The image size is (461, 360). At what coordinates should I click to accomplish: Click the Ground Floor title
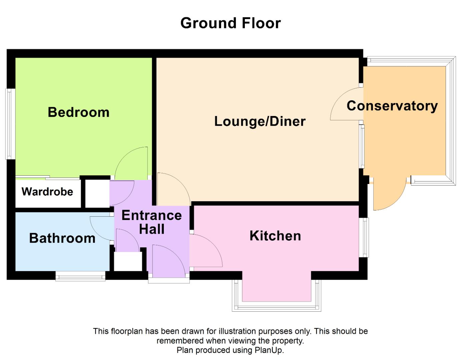230,23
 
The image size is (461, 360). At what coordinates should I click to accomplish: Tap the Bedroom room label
78,112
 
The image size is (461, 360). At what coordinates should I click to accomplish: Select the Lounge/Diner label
260,121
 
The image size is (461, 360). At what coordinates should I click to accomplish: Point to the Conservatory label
392,106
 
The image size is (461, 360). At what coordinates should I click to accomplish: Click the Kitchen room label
275,236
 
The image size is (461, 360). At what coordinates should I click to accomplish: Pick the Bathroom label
62,238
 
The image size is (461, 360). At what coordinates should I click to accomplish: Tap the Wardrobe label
47,192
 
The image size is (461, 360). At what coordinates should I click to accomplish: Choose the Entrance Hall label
152,222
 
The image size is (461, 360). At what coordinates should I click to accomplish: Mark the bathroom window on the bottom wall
80,276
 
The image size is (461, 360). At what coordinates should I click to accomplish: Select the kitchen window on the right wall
364,237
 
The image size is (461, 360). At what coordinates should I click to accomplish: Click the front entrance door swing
169,261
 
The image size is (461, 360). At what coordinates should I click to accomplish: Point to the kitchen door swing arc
206,250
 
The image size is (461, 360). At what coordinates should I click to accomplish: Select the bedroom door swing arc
131,163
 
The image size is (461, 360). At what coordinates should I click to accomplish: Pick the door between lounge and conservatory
347,104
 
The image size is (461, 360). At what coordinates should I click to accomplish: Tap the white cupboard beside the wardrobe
97,193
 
